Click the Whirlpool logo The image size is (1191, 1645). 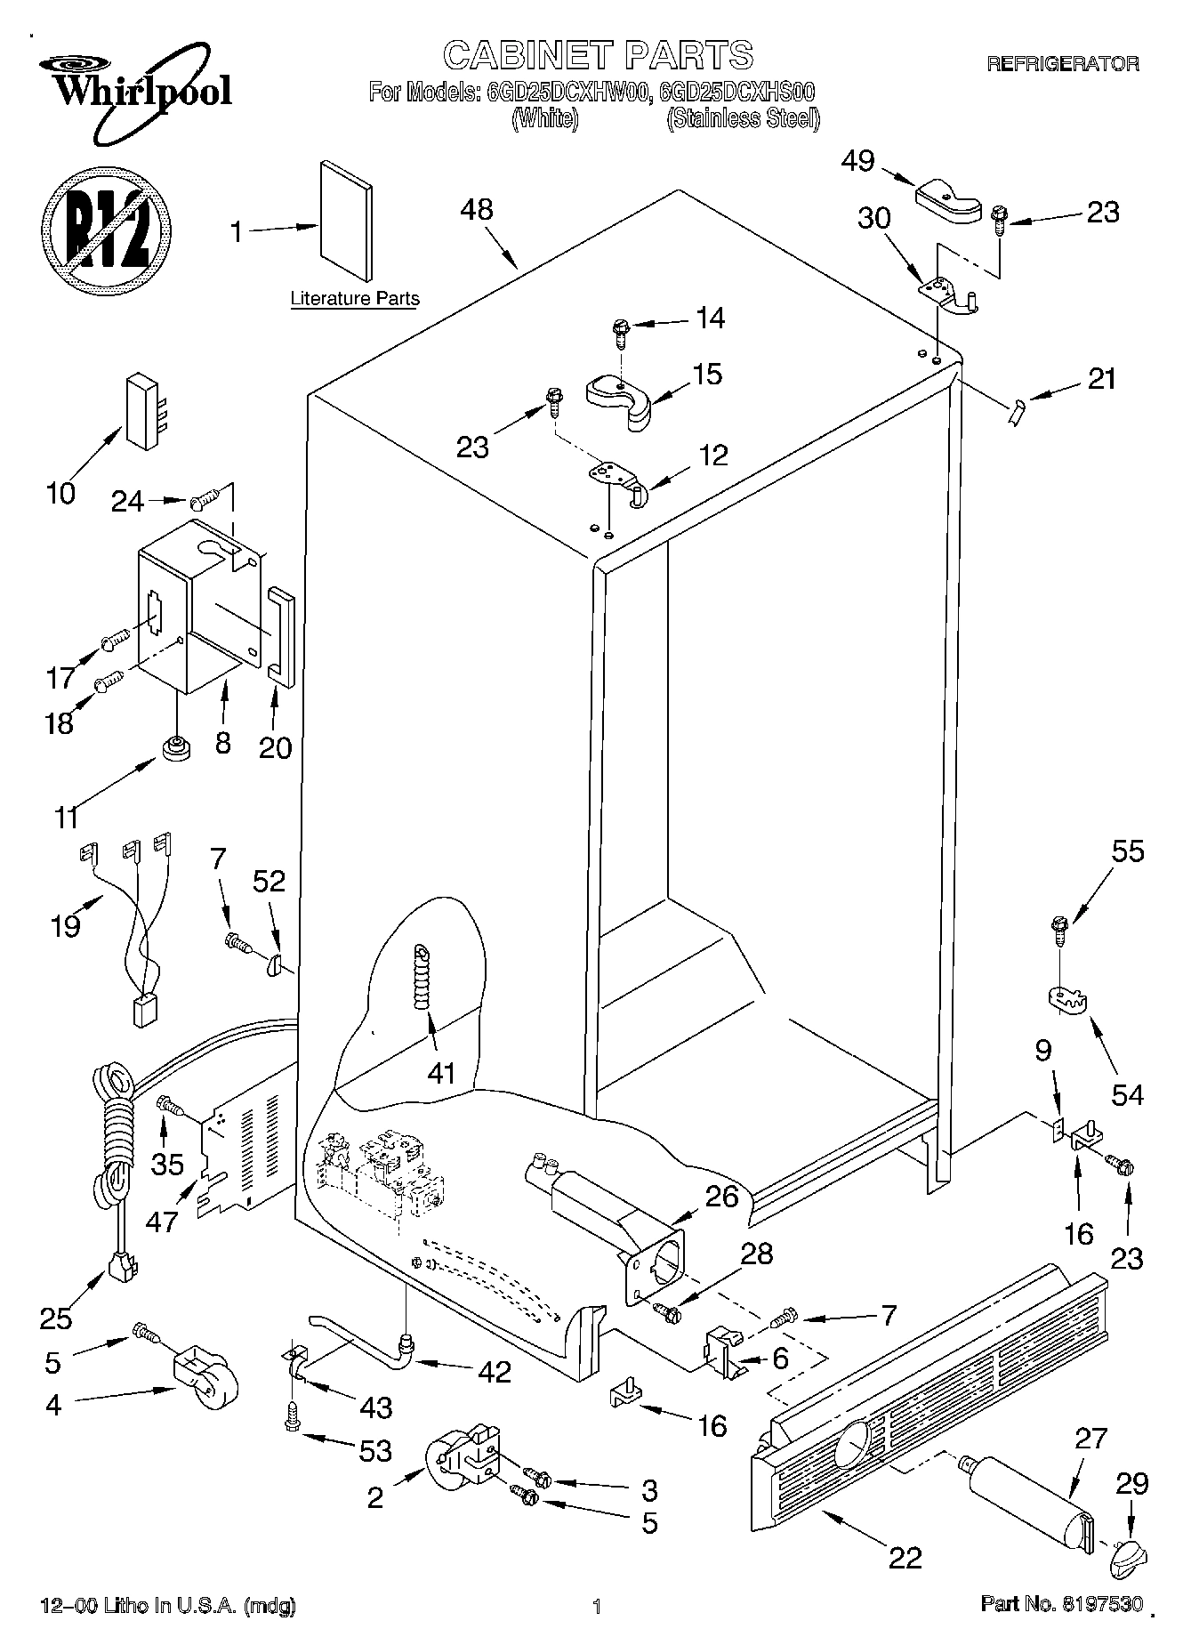coord(133,93)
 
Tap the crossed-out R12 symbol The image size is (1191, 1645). coord(105,230)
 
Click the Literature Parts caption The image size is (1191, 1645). coord(355,299)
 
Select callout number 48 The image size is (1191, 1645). coord(477,210)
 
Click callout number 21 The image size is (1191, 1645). coord(1101,380)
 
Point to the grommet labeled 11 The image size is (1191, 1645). coord(176,747)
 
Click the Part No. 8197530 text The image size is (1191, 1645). coord(1061,1605)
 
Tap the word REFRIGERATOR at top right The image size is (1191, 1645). coord(1063,64)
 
